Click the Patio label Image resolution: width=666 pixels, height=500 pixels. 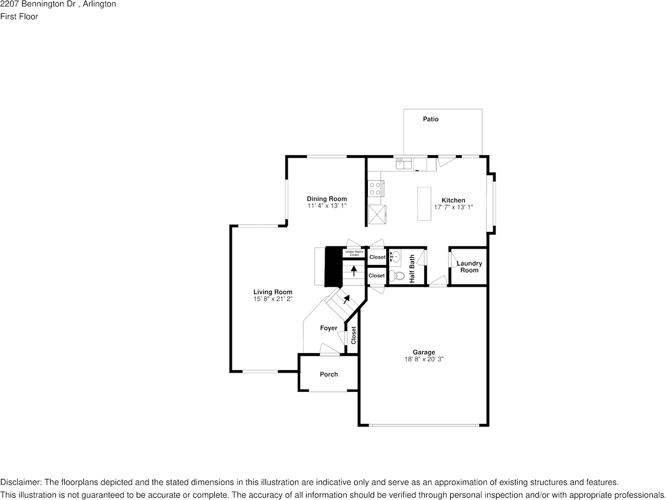tap(431, 119)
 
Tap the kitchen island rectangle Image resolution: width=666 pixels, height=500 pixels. tap(424, 203)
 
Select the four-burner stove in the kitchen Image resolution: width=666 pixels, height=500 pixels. tap(375, 188)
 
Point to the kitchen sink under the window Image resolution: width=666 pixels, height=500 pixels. tap(404, 164)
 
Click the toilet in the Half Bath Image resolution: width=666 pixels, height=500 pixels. tap(397, 276)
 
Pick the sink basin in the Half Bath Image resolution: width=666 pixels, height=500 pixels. tap(396, 257)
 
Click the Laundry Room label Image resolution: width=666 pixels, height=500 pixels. tap(469, 267)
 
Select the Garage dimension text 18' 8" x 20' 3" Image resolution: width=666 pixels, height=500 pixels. tap(424, 359)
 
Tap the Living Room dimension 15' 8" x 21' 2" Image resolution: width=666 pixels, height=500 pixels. tap(273, 299)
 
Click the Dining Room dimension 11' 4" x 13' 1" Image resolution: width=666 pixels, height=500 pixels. tap(327, 206)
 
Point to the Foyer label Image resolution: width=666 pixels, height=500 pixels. tap(328, 328)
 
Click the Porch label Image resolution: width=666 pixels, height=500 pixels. tap(329, 374)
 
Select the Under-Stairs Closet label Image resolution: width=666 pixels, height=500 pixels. tap(354, 253)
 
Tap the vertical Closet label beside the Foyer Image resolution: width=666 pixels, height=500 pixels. tap(354, 335)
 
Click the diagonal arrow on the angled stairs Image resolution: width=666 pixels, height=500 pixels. tap(346, 300)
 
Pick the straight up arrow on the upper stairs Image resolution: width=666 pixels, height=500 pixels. tap(354, 271)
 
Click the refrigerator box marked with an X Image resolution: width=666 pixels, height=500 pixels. tap(377, 215)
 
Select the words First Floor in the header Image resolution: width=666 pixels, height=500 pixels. tap(19, 16)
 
